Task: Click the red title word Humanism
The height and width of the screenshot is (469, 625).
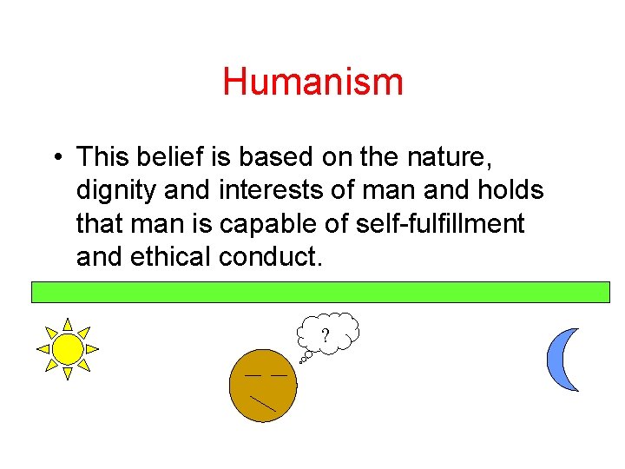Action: click(312, 83)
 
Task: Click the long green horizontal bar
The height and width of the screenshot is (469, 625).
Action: click(320, 291)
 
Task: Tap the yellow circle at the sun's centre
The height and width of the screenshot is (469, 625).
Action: click(67, 349)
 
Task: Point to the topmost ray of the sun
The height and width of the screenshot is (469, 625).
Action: click(67, 324)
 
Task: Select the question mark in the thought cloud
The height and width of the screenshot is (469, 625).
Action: click(326, 335)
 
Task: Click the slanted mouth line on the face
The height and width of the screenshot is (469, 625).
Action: click(262, 402)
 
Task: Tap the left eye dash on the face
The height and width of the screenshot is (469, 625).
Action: click(252, 374)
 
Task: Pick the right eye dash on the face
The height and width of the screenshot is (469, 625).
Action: click(279, 374)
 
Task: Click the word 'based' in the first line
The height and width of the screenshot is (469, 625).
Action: click(273, 157)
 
